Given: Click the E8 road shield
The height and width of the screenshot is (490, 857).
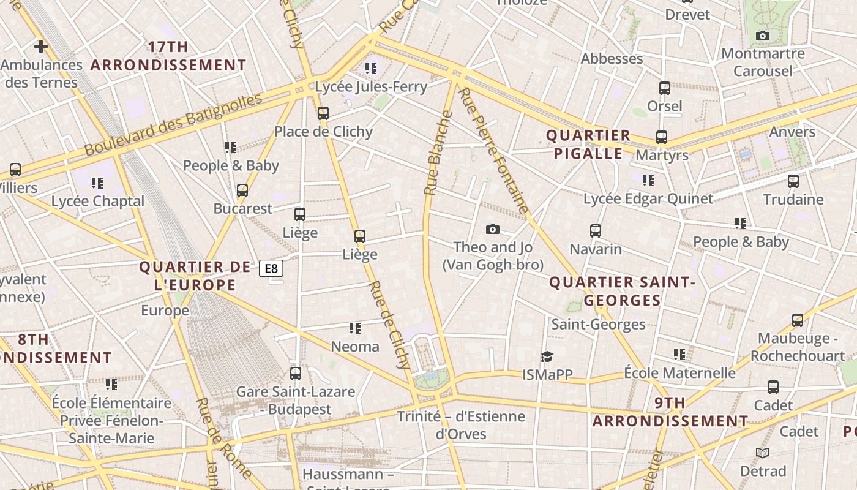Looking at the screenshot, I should tap(271, 268).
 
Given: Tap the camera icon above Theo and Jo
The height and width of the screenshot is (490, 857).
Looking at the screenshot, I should tap(492, 230).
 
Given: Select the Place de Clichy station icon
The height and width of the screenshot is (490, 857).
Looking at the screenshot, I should tap(323, 113).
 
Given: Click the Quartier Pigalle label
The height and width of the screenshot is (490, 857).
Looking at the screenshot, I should tap(588, 144).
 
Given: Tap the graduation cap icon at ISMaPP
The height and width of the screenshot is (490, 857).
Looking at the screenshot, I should tap(547, 356).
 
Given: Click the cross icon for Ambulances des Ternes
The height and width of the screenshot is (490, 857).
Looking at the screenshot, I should tap(41, 46).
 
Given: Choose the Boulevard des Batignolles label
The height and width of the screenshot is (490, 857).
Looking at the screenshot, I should tap(173, 124).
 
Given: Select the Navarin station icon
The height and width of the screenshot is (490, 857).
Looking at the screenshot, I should tap(596, 231).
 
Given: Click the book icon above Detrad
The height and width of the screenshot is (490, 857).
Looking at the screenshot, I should tap(762, 453).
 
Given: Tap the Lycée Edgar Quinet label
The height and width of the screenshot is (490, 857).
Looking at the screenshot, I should tap(648, 198).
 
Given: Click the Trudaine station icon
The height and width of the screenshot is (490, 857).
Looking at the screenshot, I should tap(793, 181).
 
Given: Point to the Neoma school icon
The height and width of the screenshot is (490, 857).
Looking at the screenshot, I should tap(354, 328).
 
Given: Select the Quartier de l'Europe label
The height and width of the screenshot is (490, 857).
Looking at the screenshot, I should tap(195, 276).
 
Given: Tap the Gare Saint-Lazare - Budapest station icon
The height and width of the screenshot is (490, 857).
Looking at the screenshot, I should tap(296, 373).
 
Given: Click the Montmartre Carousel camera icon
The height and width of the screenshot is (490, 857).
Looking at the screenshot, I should tap(762, 36).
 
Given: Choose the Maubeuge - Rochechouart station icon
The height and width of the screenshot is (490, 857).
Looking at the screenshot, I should tap(797, 320).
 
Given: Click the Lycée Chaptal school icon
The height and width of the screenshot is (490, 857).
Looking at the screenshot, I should tap(97, 183).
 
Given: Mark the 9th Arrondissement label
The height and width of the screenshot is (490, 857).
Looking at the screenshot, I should tap(670, 412).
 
